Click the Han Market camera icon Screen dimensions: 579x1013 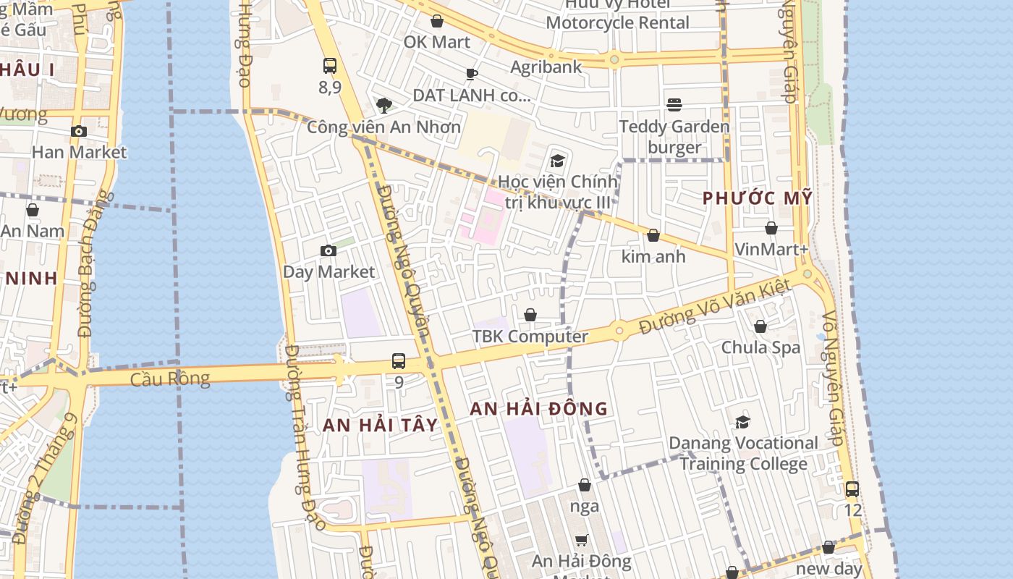(x=79, y=132)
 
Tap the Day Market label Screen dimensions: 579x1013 (x=329, y=272)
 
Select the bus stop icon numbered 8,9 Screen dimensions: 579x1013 (x=330, y=66)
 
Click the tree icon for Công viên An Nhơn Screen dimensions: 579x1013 (x=384, y=106)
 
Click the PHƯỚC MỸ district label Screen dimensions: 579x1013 (x=758, y=198)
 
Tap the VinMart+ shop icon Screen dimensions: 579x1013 (x=771, y=229)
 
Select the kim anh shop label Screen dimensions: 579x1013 (x=653, y=256)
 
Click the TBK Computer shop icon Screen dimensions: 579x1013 (x=530, y=315)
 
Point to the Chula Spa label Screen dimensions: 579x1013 (x=760, y=347)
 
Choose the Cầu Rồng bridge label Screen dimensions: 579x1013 (x=170, y=379)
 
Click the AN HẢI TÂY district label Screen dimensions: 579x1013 (x=381, y=425)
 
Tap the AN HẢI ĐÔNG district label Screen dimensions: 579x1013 (x=539, y=409)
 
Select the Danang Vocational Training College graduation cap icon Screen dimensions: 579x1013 (x=743, y=422)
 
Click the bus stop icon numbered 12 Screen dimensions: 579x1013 (x=852, y=489)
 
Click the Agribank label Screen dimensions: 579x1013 (x=546, y=67)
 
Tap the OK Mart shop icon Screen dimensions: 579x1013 (x=437, y=21)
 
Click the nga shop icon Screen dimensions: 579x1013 (x=585, y=485)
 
